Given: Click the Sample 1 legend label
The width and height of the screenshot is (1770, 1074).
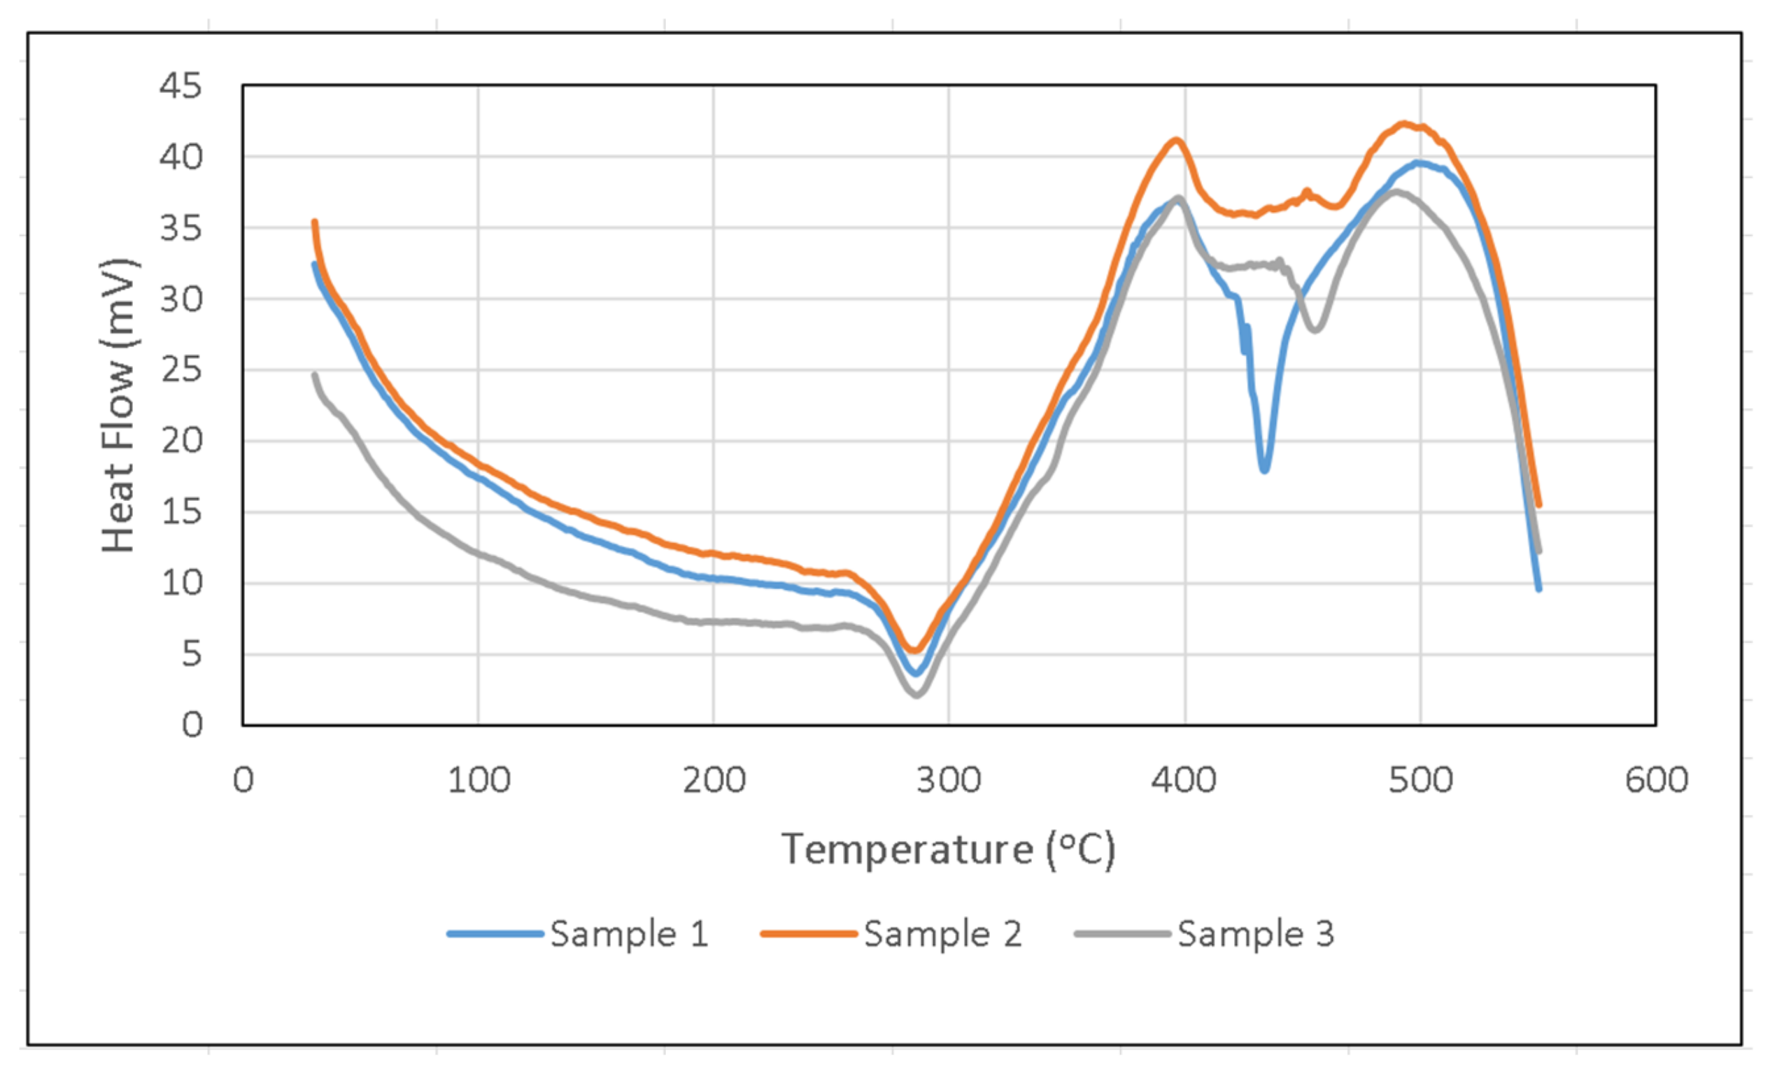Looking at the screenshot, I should (629, 934).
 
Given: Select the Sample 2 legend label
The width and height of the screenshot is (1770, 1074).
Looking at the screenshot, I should (942, 934).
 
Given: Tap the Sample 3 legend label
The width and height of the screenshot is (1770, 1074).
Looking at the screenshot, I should (1256, 934).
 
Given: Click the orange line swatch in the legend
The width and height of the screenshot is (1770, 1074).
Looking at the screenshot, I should (809, 934).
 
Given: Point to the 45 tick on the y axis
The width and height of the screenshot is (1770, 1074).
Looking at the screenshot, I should (180, 86).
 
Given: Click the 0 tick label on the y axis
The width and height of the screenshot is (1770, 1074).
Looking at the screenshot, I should (192, 725).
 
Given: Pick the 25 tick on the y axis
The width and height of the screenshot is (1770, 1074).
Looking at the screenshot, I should (180, 370).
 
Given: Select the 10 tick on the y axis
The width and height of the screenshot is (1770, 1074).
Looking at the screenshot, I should (180, 583).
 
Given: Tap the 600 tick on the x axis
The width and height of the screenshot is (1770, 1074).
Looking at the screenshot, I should (1656, 780).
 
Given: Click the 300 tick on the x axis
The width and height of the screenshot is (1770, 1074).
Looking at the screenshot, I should (949, 780).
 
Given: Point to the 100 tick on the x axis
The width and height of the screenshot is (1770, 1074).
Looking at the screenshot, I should (479, 780).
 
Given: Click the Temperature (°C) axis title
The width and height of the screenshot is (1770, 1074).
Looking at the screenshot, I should (948, 850).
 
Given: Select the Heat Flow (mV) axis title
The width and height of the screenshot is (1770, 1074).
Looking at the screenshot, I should (118, 405).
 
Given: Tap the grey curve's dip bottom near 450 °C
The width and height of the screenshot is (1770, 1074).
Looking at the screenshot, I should (1315, 330).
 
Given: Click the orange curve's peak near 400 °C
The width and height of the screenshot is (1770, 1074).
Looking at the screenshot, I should (1176, 139).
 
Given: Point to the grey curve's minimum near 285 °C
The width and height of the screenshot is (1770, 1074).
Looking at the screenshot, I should (916, 695).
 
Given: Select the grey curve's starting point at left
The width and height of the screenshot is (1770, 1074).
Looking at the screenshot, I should (315, 374).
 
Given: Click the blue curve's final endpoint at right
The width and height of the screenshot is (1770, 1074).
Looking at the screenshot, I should (1538, 589).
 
